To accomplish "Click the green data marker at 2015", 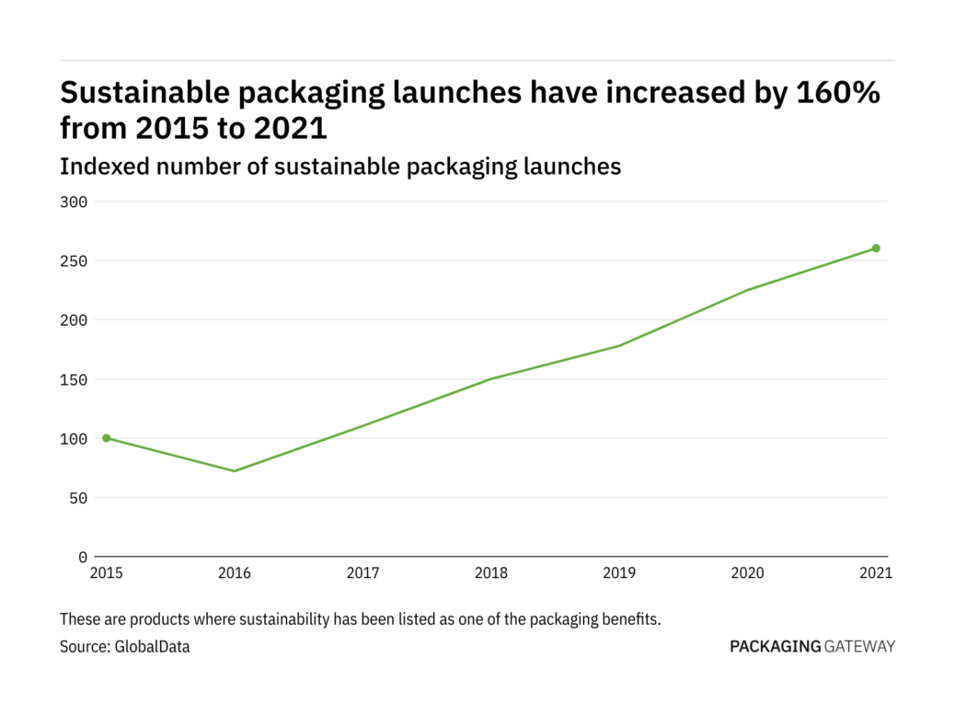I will pyautogui.click(x=106, y=438).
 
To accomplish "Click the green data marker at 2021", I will pyautogui.click(x=876, y=248).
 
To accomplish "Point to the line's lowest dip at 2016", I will pyautogui.click(x=235, y=471).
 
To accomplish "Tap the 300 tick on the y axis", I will pyautogui.click(x=75, y=202).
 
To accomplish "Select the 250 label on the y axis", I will pyautogui.click(x=75, y=261).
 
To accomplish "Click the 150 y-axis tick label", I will pyautogui.click(x=75, y=379).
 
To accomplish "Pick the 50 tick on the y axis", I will pyautogui.click(x=79, y=498).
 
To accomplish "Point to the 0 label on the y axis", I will pyautogui.click(x=83, y=558).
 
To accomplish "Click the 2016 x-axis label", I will pyautogui.click(x=235, y=573).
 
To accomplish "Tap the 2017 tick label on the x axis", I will pyautogui.click(x=362, y=573).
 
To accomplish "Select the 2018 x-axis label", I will pyautogui.click(x=491, y=573).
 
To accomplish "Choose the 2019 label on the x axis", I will pyautogui.click(x=619, y=573).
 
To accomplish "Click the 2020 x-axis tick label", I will pyautogui.click(x=748, y=573).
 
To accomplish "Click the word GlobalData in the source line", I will pyautogui.click(x=152, y=647).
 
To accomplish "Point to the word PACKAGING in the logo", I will pyautogui.click(x=775, y=646).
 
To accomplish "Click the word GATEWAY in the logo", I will pyautogui.click(x=859, y=646).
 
